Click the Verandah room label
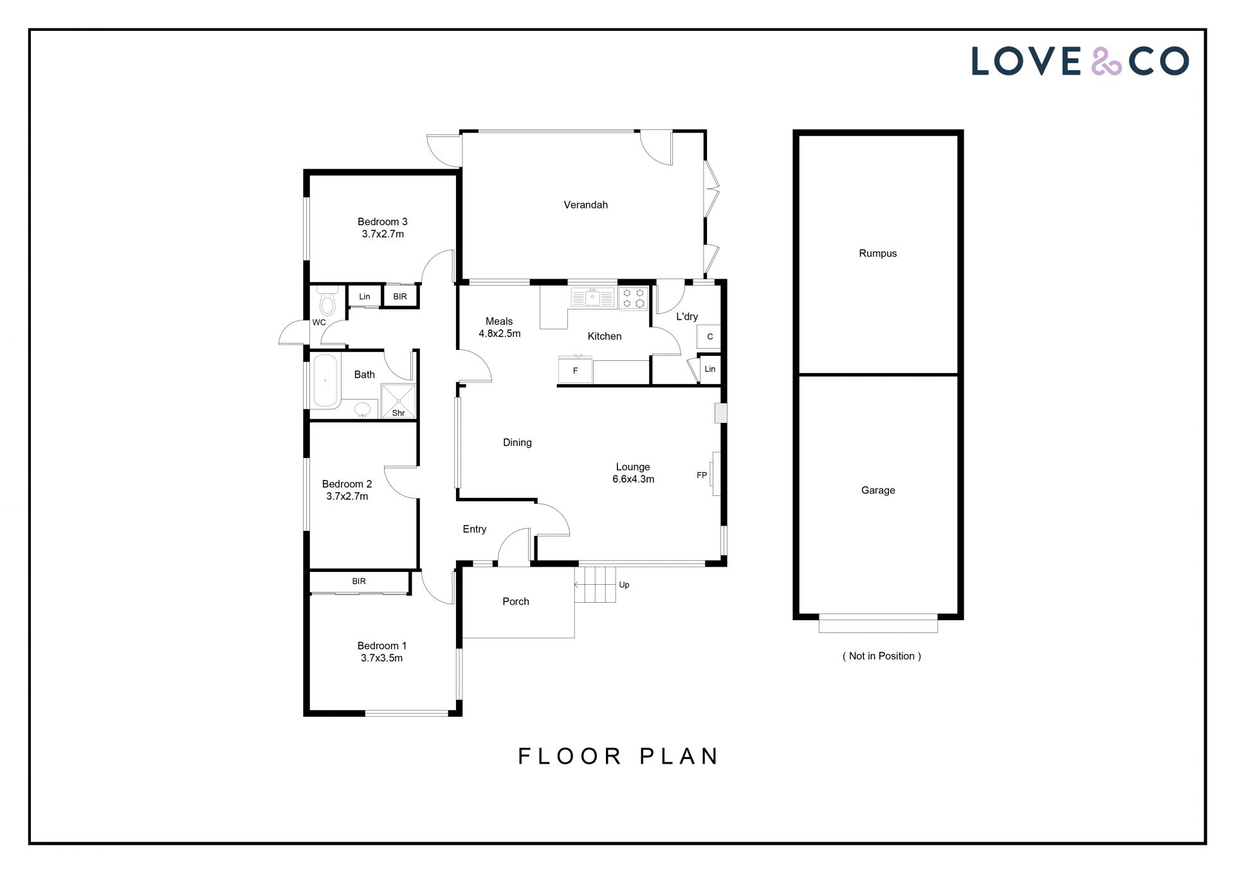point(585,205)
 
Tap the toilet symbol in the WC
point(327,300)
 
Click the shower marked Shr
point(399,401)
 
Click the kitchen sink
point(594,298)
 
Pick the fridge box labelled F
point(575,371)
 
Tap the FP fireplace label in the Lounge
point(702,475)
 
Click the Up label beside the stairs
point(624,585)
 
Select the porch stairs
point(595,584)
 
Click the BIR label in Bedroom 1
point(359,581)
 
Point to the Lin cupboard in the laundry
point(710,369)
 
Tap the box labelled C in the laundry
point(709,336)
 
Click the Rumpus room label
point(877,253)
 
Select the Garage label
point(878,490)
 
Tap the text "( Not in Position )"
point(882,656)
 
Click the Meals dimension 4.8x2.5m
point(500,333)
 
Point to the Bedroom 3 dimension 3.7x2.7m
point(383,234)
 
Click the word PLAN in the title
point(679,756)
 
